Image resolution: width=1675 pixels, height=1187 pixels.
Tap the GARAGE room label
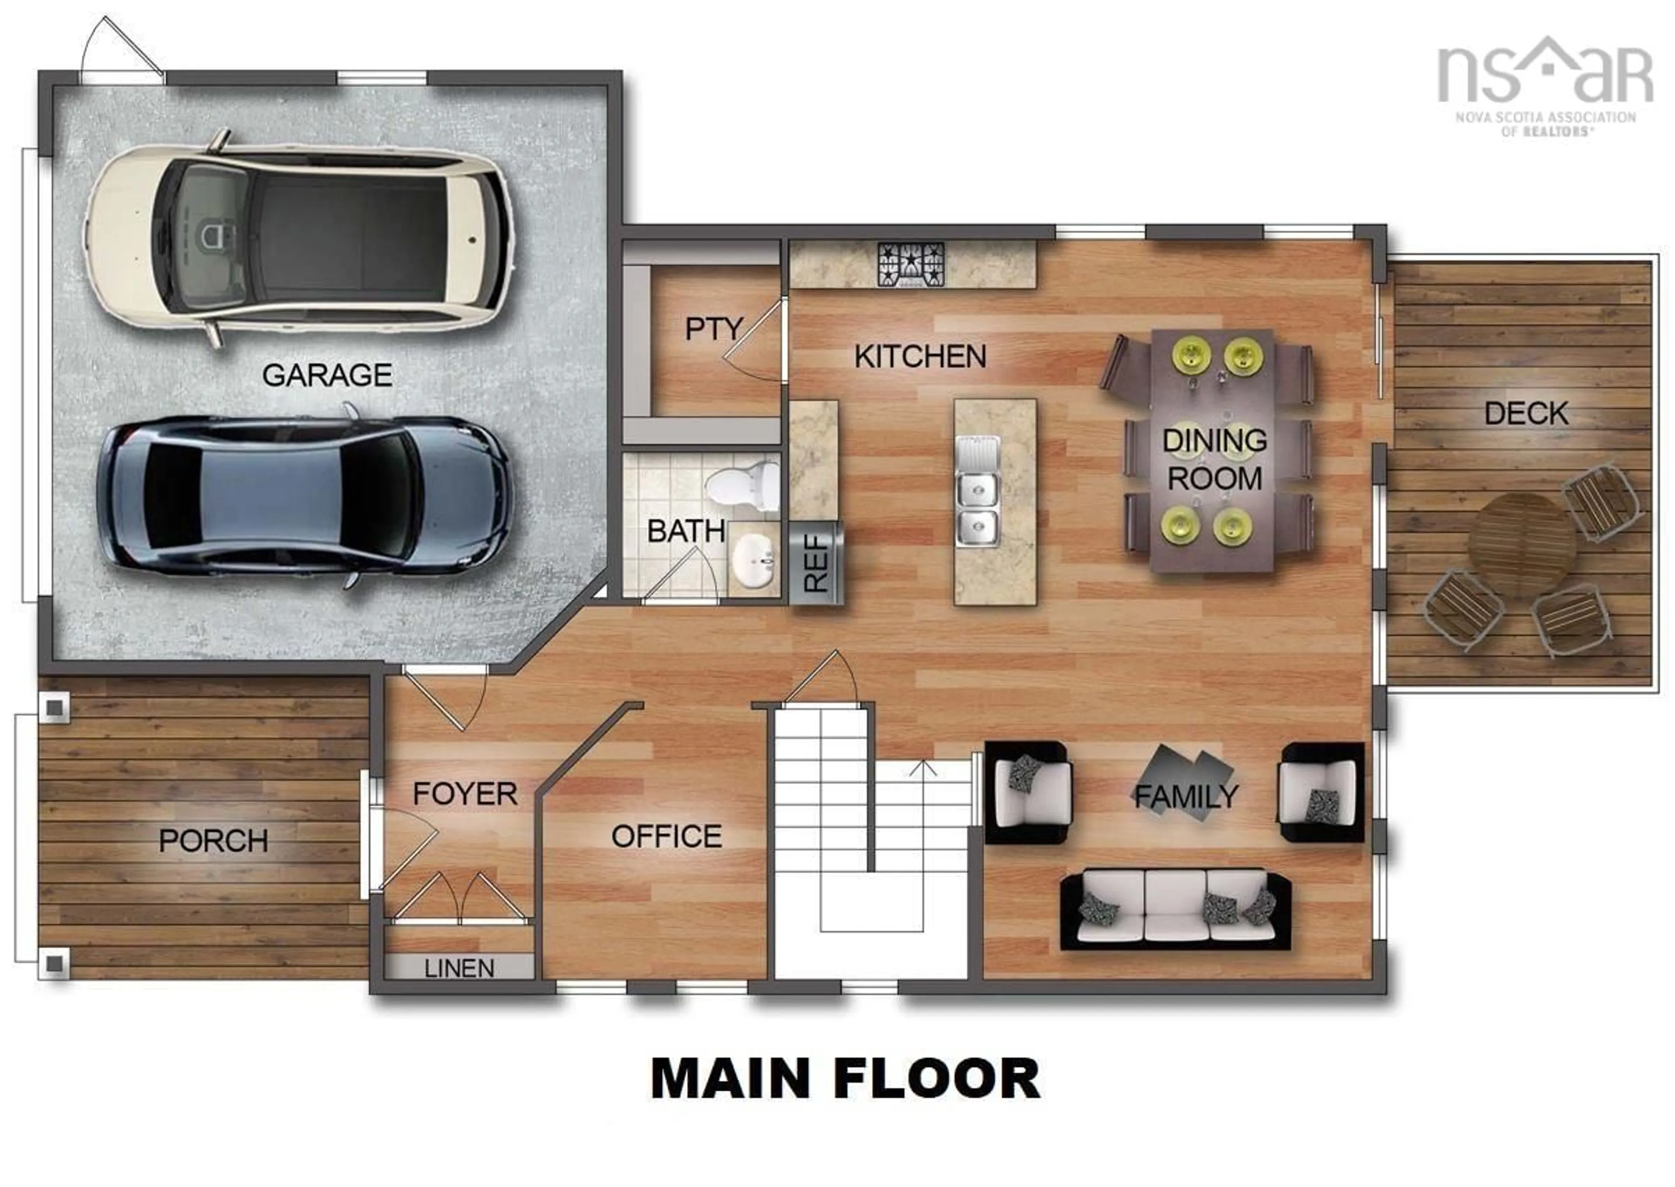point(327,375)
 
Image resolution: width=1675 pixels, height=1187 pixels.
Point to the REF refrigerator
point(816,563)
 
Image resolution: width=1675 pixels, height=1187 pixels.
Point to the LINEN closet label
point(459,968)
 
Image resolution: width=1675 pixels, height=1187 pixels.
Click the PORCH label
point(213,841)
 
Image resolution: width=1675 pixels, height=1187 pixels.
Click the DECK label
point(1526,414)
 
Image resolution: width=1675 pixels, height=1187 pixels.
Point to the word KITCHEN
point(920,357)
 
